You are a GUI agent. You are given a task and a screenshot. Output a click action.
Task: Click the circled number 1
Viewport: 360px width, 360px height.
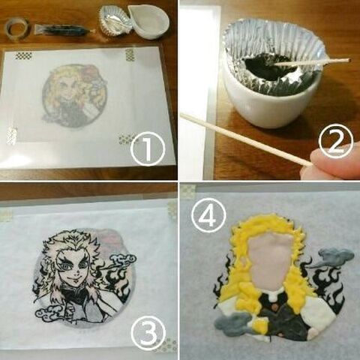147,151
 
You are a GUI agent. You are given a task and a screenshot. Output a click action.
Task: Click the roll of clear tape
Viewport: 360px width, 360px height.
16,28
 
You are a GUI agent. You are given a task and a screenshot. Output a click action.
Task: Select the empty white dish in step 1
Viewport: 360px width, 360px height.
149,19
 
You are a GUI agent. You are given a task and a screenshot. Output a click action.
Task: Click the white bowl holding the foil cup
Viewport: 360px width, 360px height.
259,109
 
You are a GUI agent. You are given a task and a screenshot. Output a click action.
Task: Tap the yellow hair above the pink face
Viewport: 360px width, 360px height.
266,223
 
